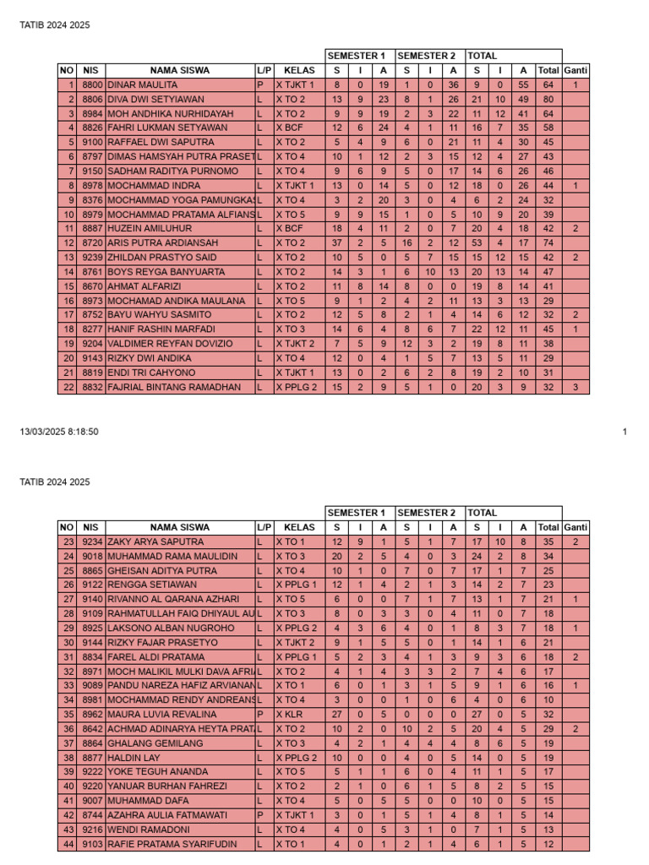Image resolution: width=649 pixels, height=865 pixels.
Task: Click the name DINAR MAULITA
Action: coord(142,84)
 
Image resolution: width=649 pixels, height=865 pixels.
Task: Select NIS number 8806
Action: coord(92,99)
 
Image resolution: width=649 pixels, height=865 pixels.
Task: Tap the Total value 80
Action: coord(548,99)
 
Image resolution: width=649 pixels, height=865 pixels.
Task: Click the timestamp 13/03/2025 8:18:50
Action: coord(59,432)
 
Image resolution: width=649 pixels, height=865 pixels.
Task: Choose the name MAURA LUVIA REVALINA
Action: coord(155,714)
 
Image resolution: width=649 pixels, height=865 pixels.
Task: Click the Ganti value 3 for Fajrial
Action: coord(575,387)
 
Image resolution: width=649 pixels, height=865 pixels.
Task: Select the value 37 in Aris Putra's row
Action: coord(336,243)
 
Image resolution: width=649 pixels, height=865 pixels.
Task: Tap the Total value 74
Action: coord(548,243)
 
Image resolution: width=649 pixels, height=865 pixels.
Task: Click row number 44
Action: coord(68,844)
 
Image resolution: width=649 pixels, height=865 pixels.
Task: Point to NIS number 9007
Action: coord(92,801)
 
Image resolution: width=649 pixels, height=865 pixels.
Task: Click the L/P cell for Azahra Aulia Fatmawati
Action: coord(261,815)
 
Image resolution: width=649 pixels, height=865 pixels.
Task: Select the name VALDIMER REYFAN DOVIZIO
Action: coord(169,344)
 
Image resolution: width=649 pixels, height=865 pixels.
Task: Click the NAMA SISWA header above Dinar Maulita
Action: coord(180,70)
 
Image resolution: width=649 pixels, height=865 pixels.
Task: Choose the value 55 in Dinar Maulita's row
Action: coord(524,84)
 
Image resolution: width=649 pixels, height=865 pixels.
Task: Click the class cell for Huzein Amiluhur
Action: coord(289,228)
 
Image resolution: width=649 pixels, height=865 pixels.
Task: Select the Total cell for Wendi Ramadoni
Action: coord(548,830)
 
